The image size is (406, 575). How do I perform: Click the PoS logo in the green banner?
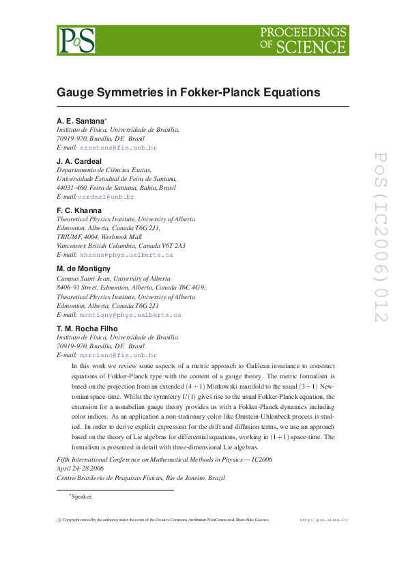(76, 40)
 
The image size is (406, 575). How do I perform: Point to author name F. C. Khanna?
(79, 210)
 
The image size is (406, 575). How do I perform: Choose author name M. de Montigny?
(83, 268)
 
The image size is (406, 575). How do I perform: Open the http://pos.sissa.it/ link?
(324, 520)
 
